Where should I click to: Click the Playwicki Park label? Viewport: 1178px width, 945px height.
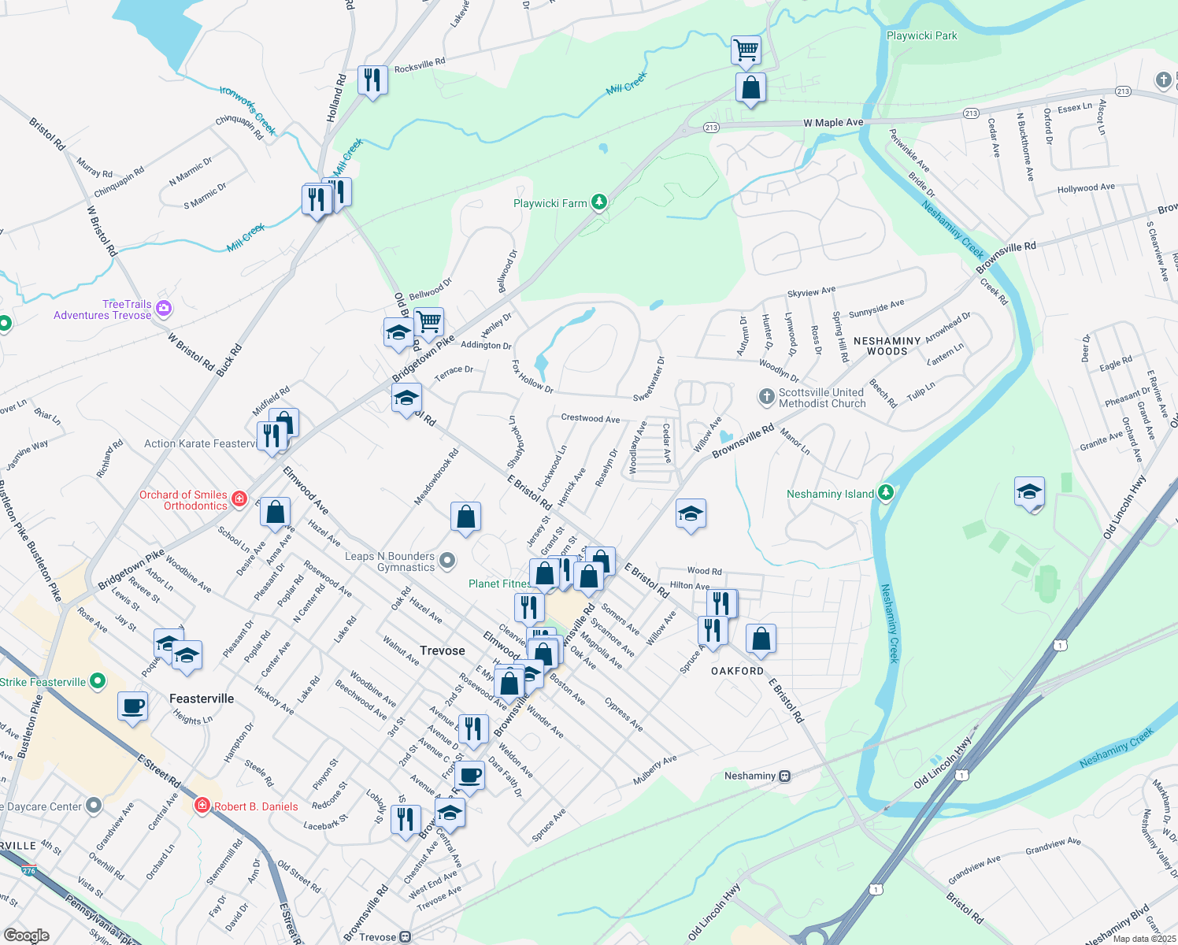921,36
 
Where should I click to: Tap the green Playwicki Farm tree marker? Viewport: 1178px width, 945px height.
599,202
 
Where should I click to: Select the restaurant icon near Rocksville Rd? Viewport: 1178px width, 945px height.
372,80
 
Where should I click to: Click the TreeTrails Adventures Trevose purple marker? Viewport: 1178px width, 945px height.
164,309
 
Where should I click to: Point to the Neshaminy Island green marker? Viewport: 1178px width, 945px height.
886,493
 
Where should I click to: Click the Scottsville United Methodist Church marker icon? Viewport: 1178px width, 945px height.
766,397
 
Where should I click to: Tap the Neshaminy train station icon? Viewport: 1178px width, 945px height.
784,776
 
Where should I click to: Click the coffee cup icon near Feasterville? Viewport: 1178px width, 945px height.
132,706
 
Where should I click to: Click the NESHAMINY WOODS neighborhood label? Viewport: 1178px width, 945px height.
887,346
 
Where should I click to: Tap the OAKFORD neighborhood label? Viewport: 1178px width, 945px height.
737,671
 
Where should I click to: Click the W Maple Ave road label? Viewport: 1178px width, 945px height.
833,123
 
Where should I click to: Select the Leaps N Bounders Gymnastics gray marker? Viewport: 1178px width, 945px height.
447,561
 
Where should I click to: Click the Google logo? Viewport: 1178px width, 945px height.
26,936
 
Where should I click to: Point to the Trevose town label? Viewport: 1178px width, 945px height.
442,650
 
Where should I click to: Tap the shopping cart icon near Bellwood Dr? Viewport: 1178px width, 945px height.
428,321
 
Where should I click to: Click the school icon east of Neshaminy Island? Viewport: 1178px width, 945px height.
1029,492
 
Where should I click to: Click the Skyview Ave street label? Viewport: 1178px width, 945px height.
811,292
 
